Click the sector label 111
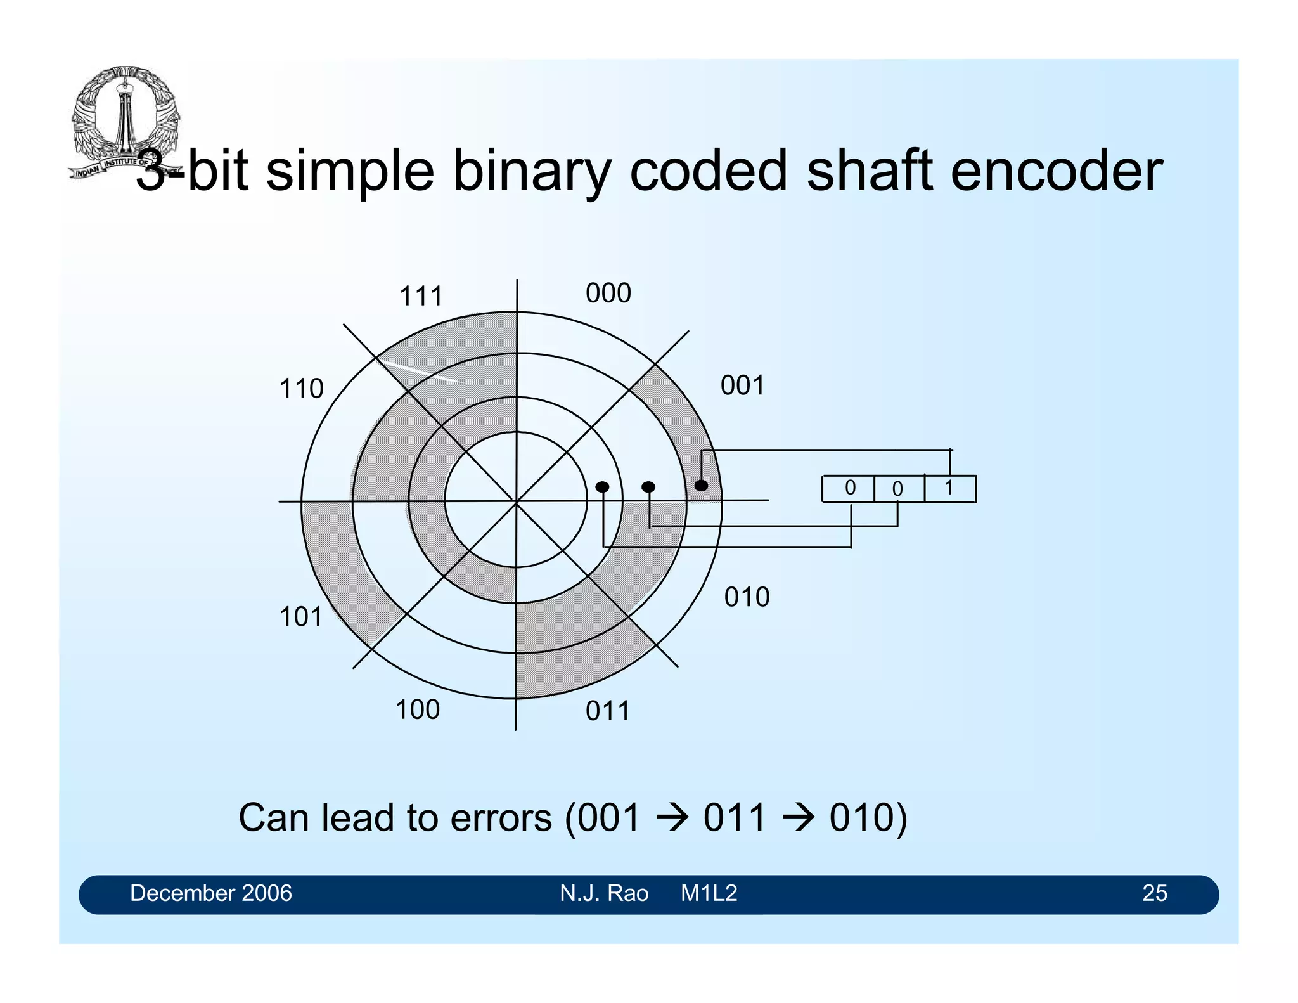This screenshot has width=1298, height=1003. click(x=421, y=296)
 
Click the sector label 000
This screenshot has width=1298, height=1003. click(x=608, y=293)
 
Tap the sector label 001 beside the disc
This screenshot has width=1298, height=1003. click(x=742, y=385)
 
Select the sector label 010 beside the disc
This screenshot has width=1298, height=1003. click(x=747, y=597)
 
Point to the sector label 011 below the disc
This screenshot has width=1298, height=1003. click(x=607, y=711)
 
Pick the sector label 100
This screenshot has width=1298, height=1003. click(x=417, y=709)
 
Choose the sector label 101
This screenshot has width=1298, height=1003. click(x=301, y=617)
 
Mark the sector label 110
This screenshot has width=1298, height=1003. click(x=301, y=389)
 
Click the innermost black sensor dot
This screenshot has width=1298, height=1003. click(x=602, y=487)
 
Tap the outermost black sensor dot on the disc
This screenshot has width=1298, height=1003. click(x=701, y=486)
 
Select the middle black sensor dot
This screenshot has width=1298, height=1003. click(x=648, y=487)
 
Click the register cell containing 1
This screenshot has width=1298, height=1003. click(x=949, y=489)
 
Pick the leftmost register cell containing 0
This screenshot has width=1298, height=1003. click(x=849, y=489)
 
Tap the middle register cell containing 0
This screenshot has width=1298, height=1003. click(x=898, y=489)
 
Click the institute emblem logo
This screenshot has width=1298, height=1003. click(x=124, y=120)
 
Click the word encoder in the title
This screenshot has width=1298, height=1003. click(x=1057, y=171)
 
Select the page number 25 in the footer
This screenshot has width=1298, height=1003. click(x=1154, y=893)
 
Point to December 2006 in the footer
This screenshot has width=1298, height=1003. click(x=210, y=893)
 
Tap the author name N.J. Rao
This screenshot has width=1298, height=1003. click(x=603, y=893)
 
